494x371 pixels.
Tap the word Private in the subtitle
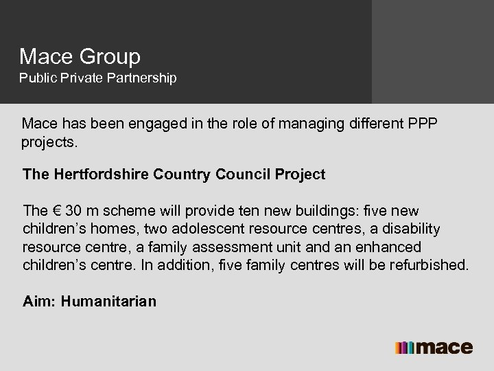82,78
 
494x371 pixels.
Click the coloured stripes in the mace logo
404,347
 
